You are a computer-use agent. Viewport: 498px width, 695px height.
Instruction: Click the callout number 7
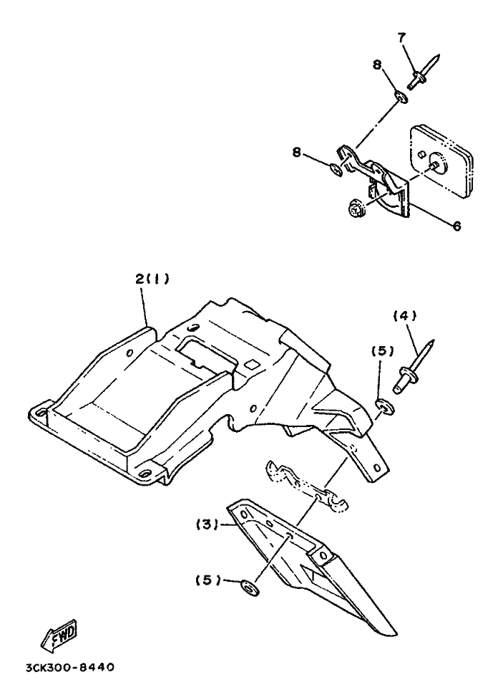(401, 38)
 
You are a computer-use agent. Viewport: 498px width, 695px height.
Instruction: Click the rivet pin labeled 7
(423, 72)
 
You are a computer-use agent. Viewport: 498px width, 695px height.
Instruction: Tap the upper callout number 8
(376, 65)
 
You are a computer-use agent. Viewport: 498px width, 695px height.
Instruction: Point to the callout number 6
(456, 226)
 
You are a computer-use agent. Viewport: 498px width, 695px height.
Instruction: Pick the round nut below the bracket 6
(355, 209)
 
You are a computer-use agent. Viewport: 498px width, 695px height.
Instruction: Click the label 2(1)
(152, 279)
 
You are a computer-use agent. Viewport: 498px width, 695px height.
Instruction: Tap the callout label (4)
(404, 315)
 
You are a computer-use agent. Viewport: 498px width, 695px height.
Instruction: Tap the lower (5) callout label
(208, 580)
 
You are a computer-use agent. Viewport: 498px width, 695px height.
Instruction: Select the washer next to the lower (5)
(250, 588)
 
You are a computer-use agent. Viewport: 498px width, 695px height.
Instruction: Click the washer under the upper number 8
(401, 96)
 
